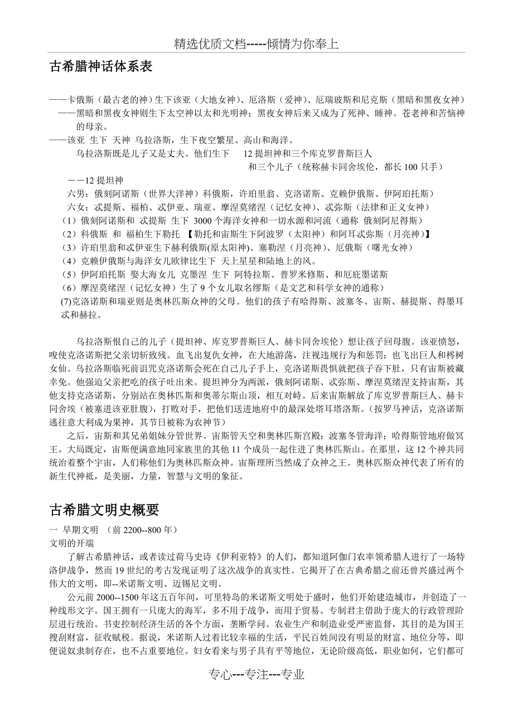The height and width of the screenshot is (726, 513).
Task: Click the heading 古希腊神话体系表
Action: [x=101, y=67]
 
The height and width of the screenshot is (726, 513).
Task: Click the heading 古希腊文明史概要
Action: [x=105, y=510]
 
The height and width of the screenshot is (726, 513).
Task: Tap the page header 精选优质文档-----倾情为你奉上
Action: [x=256, y=44]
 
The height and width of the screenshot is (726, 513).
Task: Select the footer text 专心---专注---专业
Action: [x=256, y=674]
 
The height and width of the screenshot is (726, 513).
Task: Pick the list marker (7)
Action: [x=66, y=302]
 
